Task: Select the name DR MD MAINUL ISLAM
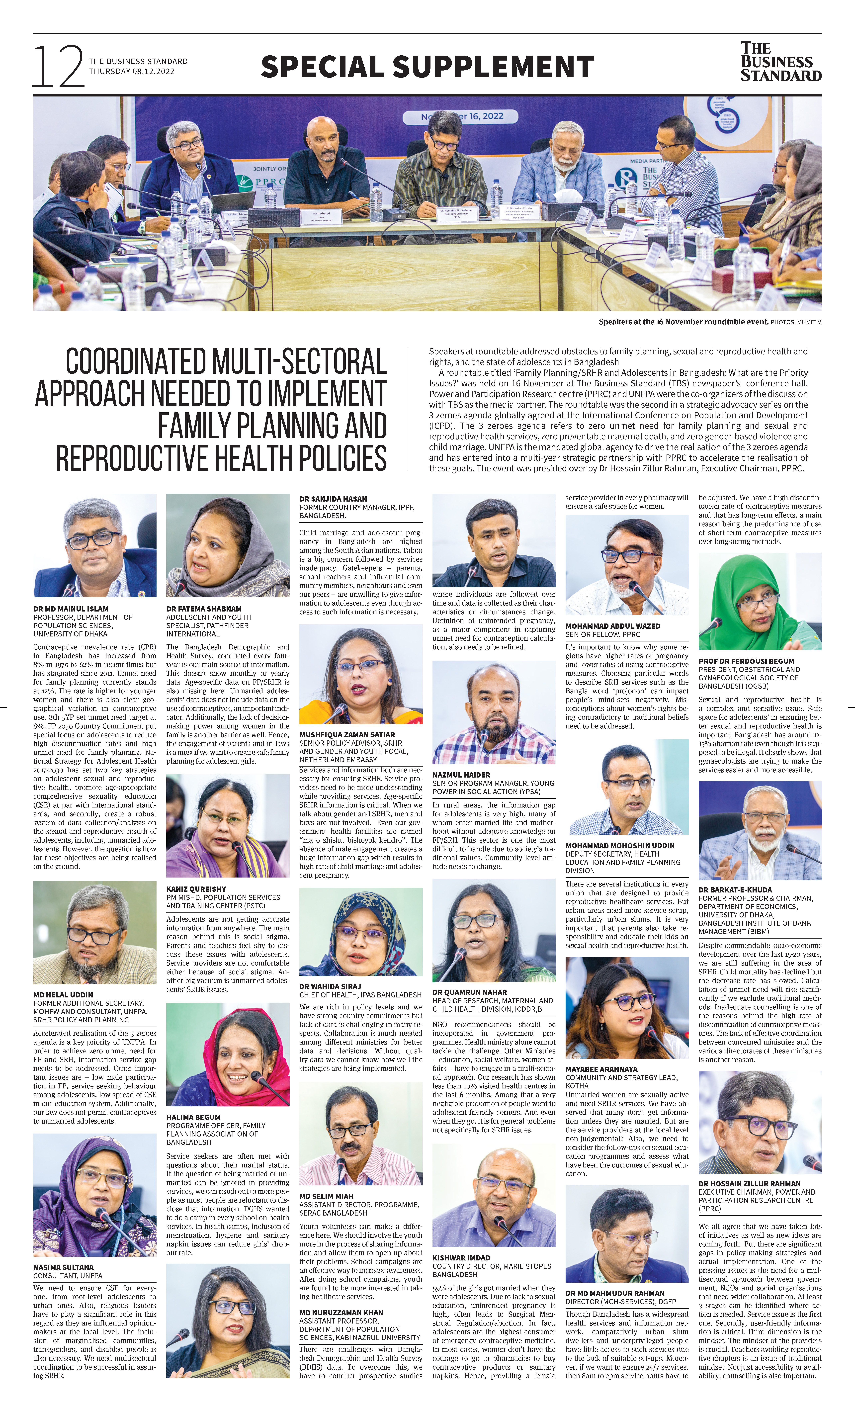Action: pyautogui.click(x=71, y=609)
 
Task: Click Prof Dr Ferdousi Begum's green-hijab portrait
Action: pyautogui.click(x=760, y=601)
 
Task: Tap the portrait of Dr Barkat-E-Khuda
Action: pyautogui.click(x=760, y=830)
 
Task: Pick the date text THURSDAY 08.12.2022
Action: pyautogui.click(x=131, y=72)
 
